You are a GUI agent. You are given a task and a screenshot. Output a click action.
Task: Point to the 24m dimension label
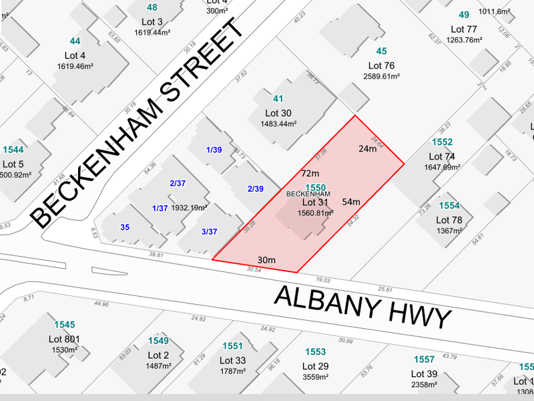pos(368,149)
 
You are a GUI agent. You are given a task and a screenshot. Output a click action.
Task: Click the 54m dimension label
pos(351,202)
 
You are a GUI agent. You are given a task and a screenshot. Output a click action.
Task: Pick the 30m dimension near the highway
pos(266,259)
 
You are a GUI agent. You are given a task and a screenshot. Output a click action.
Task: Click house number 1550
pos(315,188)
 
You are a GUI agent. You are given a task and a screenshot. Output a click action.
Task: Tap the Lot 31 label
pos(316,203)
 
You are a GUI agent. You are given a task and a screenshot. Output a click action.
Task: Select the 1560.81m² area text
pos(316,213)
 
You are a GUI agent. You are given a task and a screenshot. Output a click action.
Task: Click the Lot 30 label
pos(279,113)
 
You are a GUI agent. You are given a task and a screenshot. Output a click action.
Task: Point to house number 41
pos(278,99)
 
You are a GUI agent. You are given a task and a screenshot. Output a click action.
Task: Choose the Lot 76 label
pos(382,65)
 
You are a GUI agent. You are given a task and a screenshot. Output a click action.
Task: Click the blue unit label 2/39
pos(255,189)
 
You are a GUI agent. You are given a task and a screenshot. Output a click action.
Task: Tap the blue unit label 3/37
pos(209,232)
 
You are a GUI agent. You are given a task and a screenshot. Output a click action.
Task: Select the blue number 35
pos(125,227)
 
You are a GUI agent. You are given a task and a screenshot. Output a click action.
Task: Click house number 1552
pos(442,142)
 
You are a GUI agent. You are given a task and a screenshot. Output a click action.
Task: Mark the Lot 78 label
pos(449,220)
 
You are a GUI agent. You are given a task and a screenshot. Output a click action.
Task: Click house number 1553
pos(315,352)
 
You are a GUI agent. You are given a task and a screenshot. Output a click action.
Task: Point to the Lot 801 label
pos(64,340)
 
